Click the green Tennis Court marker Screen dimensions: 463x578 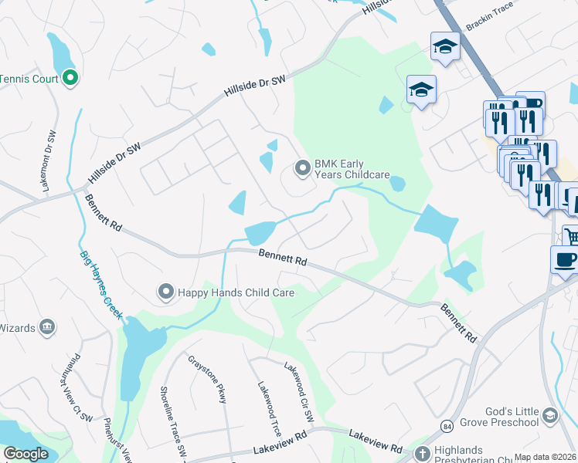pyautogui.click(x=70, y=77)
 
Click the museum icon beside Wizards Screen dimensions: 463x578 pyautogui.click(x=47, y=327)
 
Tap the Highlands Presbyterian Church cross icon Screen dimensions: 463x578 pyautogui.click(x=422, y=454)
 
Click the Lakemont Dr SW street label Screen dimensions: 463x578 pyautogui.click(x=49, y=154)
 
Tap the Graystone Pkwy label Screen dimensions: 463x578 pyautogui.click(x=207, y=378)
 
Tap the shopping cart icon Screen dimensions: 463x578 pyautogui.click(x=571, y=236)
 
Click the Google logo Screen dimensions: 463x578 pyautogui.click(x=25, y=453)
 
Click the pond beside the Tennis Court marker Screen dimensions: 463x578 pyautogui.click(x=60, y=53)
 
